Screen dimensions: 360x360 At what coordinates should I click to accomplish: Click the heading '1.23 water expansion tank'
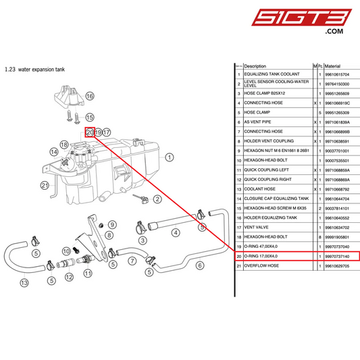pyautogui.click(x=34, y=68)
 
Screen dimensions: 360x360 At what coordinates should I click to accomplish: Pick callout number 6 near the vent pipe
pyautogui.click(x=199, y=265)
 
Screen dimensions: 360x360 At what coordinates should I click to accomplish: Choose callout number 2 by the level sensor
pyautogui.click(x=157, y=199)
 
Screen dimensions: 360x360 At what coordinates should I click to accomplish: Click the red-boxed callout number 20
pyautogui.click(x=89, y=132)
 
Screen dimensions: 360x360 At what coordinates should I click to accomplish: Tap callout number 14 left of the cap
pyautogui.click(x=53, y=151)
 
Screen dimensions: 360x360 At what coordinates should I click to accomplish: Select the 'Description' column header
pyautogui.click(x=255, y=66)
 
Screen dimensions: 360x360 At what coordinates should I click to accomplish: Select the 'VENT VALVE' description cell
pyautogui.click(x=257, y=228)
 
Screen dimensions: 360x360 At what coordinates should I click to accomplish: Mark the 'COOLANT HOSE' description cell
pyautogui.click(x=260, y=189)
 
